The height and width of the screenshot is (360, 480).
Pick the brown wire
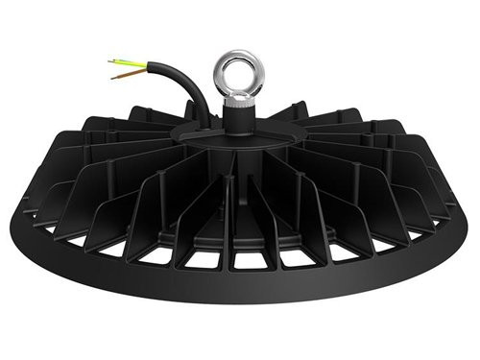point(130,71)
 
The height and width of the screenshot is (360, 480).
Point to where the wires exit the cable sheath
point(149,67)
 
